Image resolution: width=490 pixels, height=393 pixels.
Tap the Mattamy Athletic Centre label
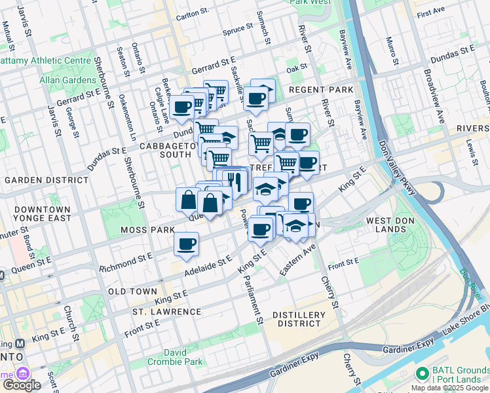click(x=45, y=60)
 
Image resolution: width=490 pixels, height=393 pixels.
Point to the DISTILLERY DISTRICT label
click(x=299, y=319)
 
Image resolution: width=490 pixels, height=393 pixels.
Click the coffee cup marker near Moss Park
click(x=186, y=244)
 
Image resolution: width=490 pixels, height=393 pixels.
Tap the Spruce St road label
click(x=238, y=30)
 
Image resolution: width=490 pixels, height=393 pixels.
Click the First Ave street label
click(x=430, y=13)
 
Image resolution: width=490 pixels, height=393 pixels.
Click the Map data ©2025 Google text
click(x=449, y=388)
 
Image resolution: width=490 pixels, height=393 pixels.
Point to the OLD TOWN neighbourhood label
click(x=132, y=291)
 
